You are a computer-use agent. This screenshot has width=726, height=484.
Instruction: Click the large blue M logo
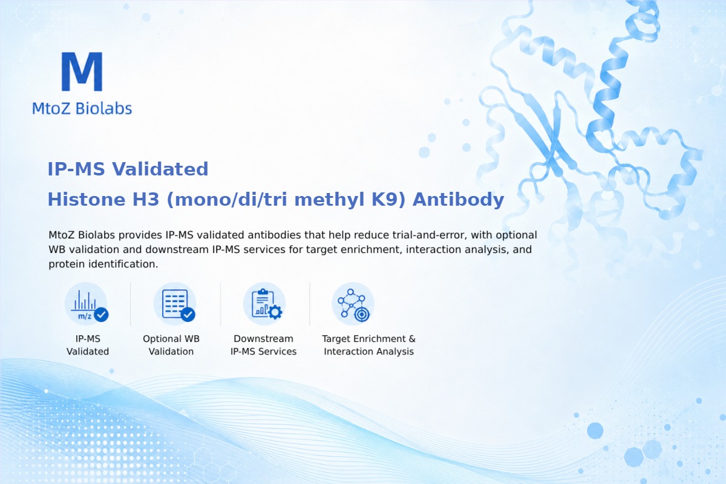tap(82, 71)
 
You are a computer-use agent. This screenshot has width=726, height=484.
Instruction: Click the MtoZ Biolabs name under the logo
tap(82, 108)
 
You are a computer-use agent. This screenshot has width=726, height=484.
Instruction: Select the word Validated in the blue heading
tap(160, 169)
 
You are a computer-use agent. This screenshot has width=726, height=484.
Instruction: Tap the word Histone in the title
tap(87, 199)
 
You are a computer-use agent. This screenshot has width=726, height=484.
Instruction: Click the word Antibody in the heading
tap(459, 200)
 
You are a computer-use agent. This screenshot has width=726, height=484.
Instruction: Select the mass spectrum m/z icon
tap(86, 304)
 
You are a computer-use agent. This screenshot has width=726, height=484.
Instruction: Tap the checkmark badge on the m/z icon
tap(101, 314)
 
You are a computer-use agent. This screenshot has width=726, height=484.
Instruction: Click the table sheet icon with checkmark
tap(175, 304)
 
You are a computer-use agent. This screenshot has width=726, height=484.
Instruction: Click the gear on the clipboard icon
tap(275, 312)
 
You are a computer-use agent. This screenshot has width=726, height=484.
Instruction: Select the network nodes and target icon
tap(353, 304)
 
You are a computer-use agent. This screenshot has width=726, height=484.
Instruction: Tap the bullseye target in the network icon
tap(361, 314)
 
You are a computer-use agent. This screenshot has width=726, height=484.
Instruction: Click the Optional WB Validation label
tap(171, 345)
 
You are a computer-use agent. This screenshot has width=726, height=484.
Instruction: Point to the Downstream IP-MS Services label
tap(264, 345)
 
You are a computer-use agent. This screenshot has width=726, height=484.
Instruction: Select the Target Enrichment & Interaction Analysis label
tap(369, 345)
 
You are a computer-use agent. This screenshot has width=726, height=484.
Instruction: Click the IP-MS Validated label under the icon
tap(88, 345)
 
